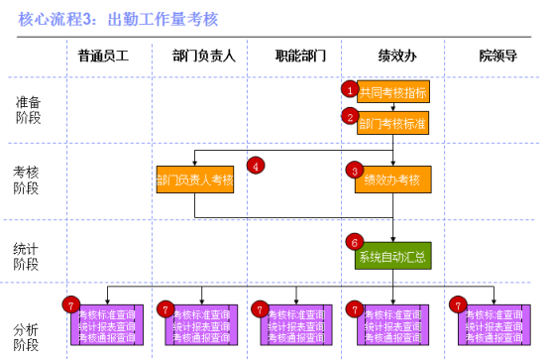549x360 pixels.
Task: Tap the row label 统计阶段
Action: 28,256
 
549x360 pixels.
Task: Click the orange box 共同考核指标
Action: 393,92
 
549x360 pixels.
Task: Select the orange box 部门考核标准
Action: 393,123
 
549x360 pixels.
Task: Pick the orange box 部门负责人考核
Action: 194,180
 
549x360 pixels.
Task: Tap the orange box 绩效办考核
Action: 393,180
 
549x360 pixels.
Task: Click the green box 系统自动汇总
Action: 393,257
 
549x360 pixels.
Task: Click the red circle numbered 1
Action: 349,88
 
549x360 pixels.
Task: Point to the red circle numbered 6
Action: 354,241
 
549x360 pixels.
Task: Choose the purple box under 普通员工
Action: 107,324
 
